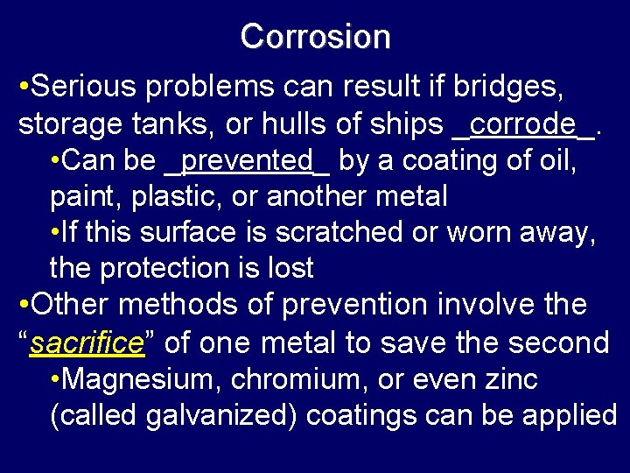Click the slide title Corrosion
click(x=315, y=37)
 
